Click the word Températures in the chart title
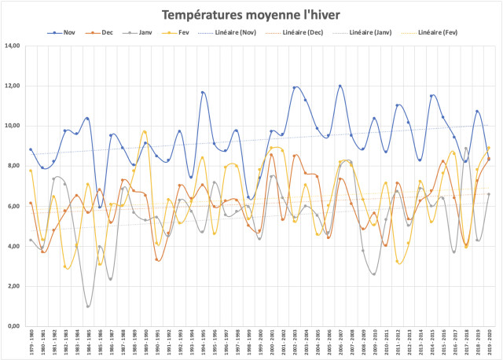[x=200, y=15]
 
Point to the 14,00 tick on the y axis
[x=13, y=46]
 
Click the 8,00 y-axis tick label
[x=15, y=166]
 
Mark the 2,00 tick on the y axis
[x=15, y=286]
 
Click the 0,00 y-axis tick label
[x=15, y=326]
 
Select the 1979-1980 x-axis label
[x=31, y=342]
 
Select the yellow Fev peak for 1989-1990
[x=145, y=132]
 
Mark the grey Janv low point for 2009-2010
[x=374, y=274]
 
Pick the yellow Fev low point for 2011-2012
[x=398, y=262]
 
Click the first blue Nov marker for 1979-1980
[x=31, y=149]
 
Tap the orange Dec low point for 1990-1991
[x=157, y=259]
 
